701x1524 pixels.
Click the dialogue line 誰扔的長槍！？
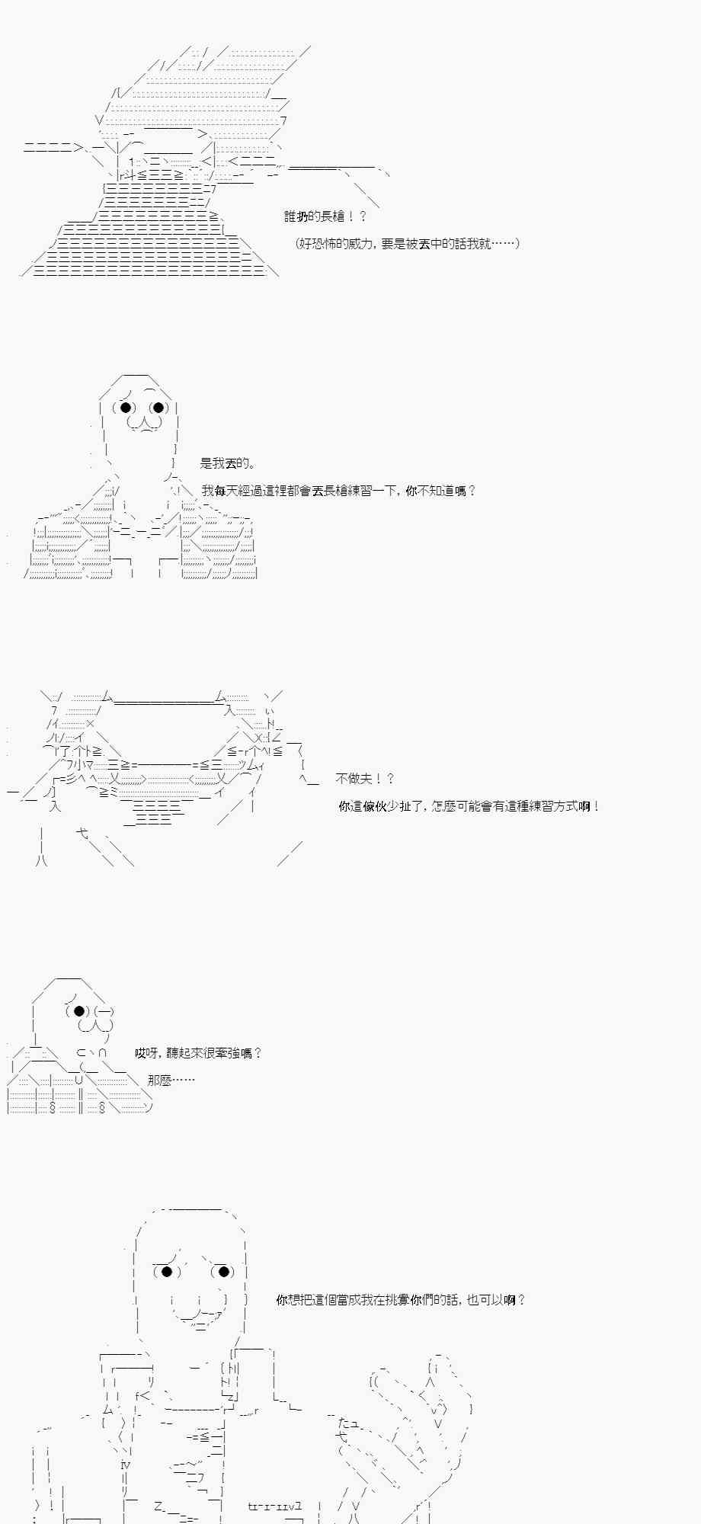click(325, 217)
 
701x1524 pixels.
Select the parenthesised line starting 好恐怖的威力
click(408, 244)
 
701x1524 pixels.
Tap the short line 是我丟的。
click(228, 463)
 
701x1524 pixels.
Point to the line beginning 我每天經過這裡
click(338, 491)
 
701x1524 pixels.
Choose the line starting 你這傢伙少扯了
click(469, 806)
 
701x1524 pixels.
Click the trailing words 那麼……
click(171, 1081)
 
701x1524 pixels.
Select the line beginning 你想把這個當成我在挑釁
click(401, 1300)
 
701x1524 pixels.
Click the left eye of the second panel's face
click(126, 408)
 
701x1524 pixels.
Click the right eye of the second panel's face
click(158, 408)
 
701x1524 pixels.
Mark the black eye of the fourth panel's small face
click(78, 1012)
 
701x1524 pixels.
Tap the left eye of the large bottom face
click(167, 1271)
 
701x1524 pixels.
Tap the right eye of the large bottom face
click(223, 1271)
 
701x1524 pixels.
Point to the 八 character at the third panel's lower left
click(41, 860)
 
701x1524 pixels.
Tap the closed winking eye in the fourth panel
click(104, 1012)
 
